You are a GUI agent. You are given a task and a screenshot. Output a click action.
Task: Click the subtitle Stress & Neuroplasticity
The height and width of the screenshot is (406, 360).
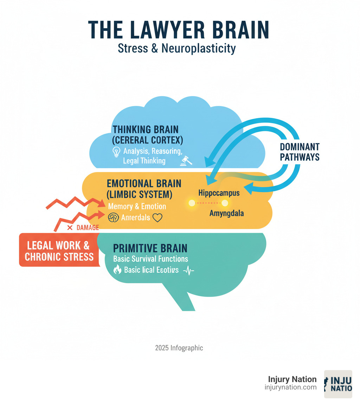(176, 48)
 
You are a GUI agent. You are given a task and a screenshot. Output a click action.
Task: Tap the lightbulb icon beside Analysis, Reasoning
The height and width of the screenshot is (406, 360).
(116, 152)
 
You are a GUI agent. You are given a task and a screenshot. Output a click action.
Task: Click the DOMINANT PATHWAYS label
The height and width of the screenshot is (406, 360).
(300, 152)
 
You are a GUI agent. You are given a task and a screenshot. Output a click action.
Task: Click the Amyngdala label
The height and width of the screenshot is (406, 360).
(226, 213)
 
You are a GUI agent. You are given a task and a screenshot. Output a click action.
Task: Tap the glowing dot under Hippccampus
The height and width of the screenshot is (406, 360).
(192, 203)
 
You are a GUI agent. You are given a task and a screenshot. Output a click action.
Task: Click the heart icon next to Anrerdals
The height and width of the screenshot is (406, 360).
(157, 218)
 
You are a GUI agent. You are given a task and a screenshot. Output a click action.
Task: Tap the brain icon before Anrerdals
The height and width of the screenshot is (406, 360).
(112, 218)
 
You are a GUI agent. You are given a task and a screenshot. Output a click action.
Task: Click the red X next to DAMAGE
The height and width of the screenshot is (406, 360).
(70, 228)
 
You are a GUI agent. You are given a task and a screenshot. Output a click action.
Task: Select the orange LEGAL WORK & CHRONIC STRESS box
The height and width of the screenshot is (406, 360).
(58, 250)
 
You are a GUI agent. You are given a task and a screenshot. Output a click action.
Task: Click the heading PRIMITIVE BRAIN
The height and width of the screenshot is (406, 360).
(150, 248)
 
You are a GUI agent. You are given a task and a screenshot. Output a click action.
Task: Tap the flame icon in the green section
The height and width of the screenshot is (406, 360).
(117, 270)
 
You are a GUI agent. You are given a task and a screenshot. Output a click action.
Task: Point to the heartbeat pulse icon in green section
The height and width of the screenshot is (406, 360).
(189, 270)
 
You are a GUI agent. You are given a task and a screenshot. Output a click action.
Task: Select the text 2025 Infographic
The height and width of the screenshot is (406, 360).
(179, 348)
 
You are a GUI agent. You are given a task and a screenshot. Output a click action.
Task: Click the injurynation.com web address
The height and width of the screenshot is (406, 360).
(290, 387)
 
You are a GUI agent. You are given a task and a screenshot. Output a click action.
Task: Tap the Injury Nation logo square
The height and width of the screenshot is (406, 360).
(338, 384)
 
